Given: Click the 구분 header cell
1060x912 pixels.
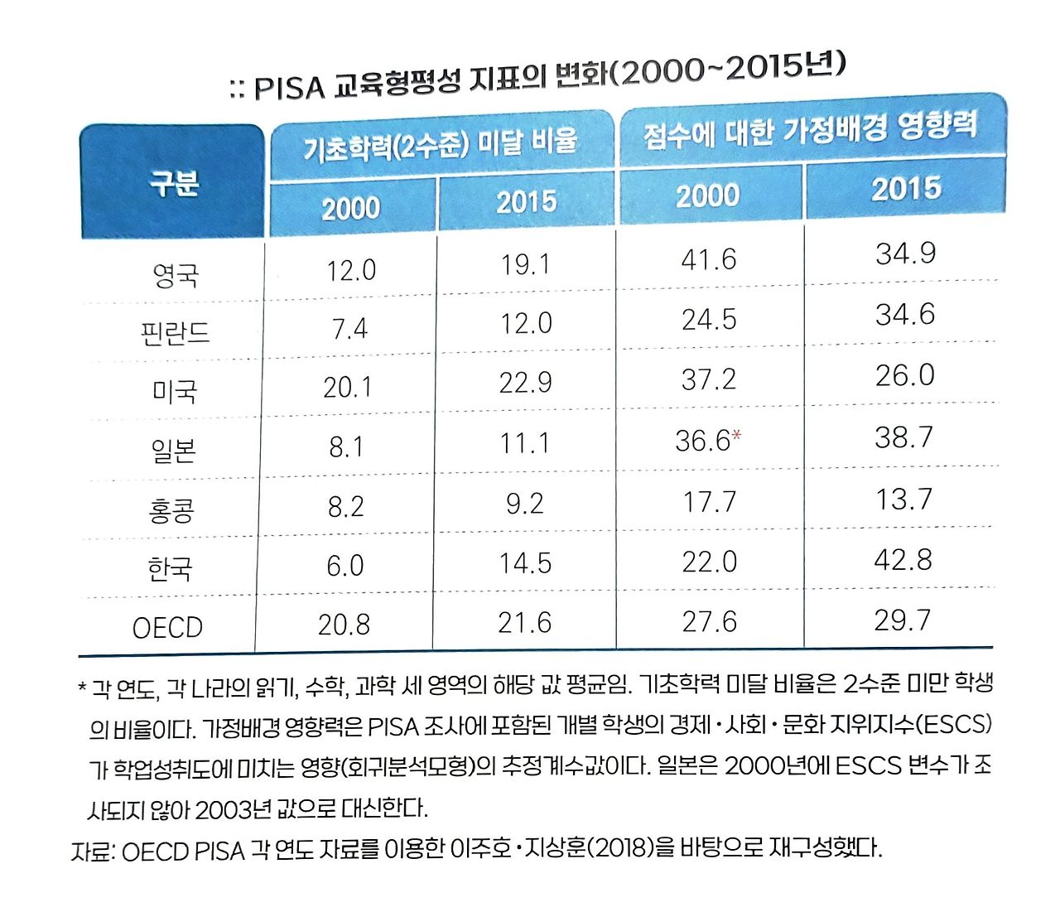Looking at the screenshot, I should click(x=173, y=182).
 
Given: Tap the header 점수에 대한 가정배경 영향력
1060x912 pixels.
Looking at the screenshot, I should click(x=811, y=129).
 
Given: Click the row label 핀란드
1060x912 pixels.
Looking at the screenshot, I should click(x=175, y=333).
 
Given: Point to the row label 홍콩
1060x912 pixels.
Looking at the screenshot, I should click(x=171, y=509).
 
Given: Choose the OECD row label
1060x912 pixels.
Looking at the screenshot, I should click(x=167, y=627).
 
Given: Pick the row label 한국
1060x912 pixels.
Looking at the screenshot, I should click(x=170, y=568).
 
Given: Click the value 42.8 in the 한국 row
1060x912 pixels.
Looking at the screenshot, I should click(x=903, y=560).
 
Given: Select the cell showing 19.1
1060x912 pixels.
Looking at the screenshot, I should click(x=525, y=264).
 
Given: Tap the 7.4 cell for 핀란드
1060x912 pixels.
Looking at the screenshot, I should click(x=349, y=329).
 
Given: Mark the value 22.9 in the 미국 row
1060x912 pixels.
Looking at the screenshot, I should click(x=525, y=383).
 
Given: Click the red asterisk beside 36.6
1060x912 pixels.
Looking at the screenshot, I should click(x=736, y=435).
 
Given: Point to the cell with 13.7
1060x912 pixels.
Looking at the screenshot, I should click(x=903, y=499).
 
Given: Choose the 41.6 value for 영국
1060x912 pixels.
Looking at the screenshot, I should click(x=708, y=259).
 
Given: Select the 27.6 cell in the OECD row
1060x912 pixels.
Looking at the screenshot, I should click(x=709, y=621).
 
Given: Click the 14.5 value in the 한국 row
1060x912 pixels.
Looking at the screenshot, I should click(x=525, y=563).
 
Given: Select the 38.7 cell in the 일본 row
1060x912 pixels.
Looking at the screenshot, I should click(x=903, y=437).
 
